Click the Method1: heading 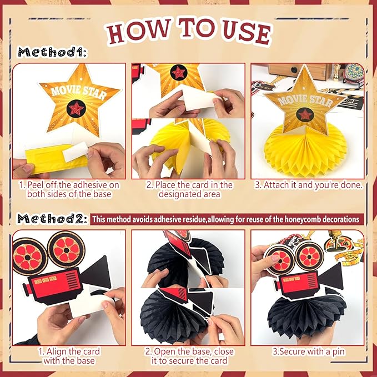point(52,52)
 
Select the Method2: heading point(52,219)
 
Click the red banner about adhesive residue point(227,219)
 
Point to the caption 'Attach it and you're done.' point(309,185)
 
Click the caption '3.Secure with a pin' point(309,351)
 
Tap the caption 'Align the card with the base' point(69,356)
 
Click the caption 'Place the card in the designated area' point(189,189)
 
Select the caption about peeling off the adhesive point(69,189)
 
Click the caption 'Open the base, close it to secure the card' point(189,356)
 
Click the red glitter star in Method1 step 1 point(76,109)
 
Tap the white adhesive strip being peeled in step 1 point(76,152)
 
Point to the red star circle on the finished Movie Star point(305,114)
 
